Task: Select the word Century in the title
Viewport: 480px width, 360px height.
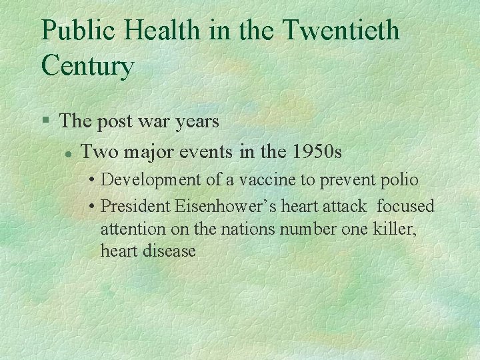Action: (x=87, y=66)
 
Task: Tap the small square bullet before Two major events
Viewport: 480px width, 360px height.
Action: (x=67, y=153)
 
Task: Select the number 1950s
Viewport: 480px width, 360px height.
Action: (x=317, y=152)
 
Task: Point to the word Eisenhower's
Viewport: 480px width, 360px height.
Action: (x=225, y=207)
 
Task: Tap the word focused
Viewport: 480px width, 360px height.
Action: (x=405, y=207)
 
